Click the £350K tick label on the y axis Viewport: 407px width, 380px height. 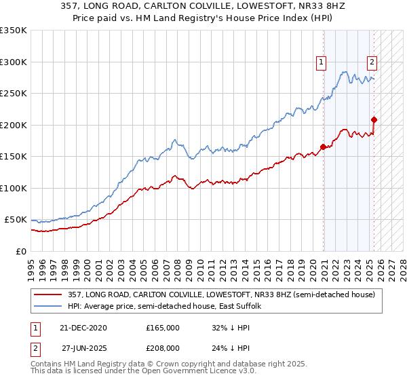(x=13, y=31)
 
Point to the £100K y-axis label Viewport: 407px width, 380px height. (x=13, y=188)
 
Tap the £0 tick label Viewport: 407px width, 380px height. (x=20, y=251)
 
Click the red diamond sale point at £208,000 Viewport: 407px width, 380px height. (x=374, y=120)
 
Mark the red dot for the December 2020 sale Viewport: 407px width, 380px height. (x=323, y=147)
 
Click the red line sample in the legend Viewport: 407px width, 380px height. (x=49, y=294)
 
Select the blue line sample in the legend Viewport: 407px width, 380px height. (x=49, y=307)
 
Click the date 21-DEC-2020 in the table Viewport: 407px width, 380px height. (x=83, y=328)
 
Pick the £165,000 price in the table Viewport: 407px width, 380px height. (x=163, y=328)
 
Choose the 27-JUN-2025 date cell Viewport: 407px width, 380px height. (x=85, y=347)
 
